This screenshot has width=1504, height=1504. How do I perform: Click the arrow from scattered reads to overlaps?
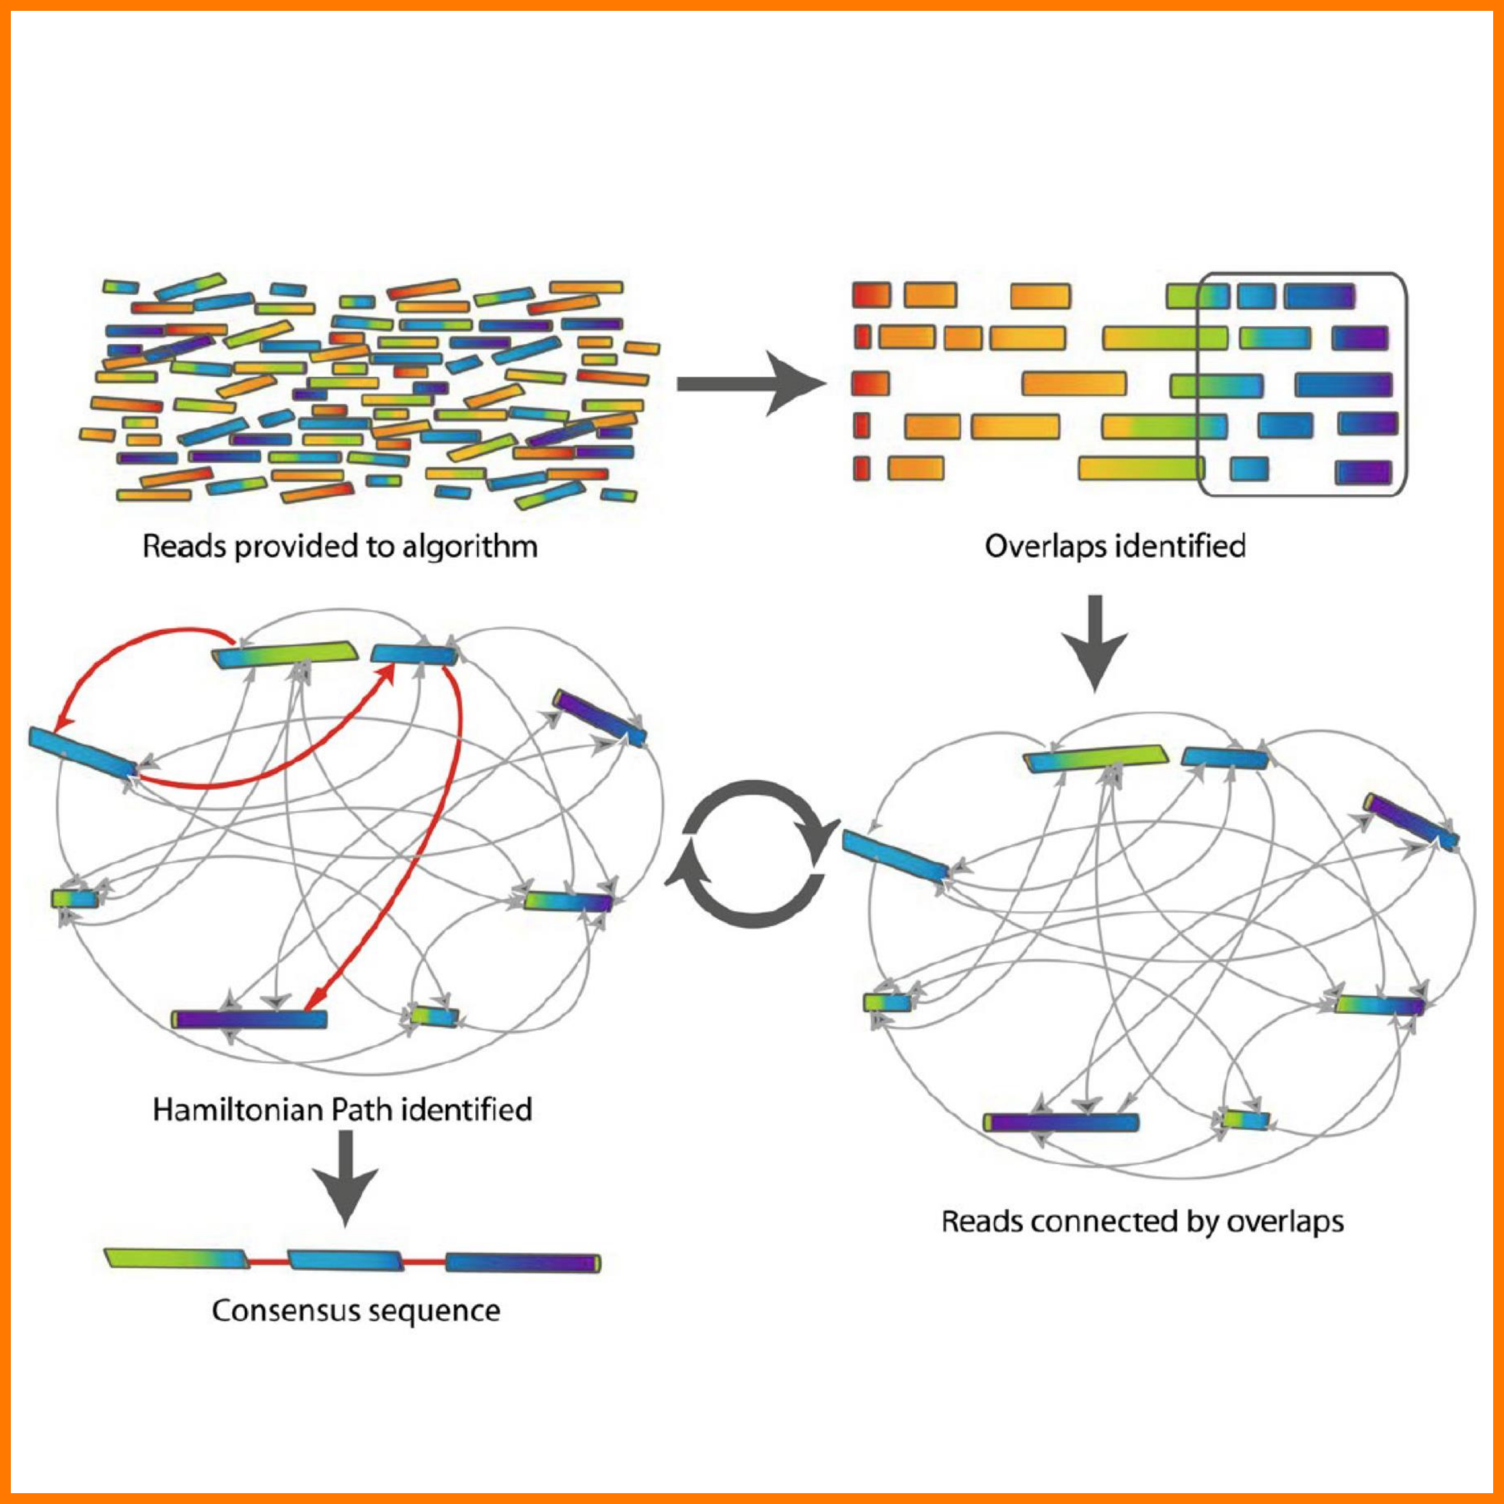pos(751,383)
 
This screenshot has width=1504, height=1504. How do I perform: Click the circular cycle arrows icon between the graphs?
pos(754,855)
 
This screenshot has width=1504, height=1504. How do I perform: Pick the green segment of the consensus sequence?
pos(175,1259)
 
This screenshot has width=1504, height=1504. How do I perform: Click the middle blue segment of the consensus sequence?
pos(346,1260)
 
